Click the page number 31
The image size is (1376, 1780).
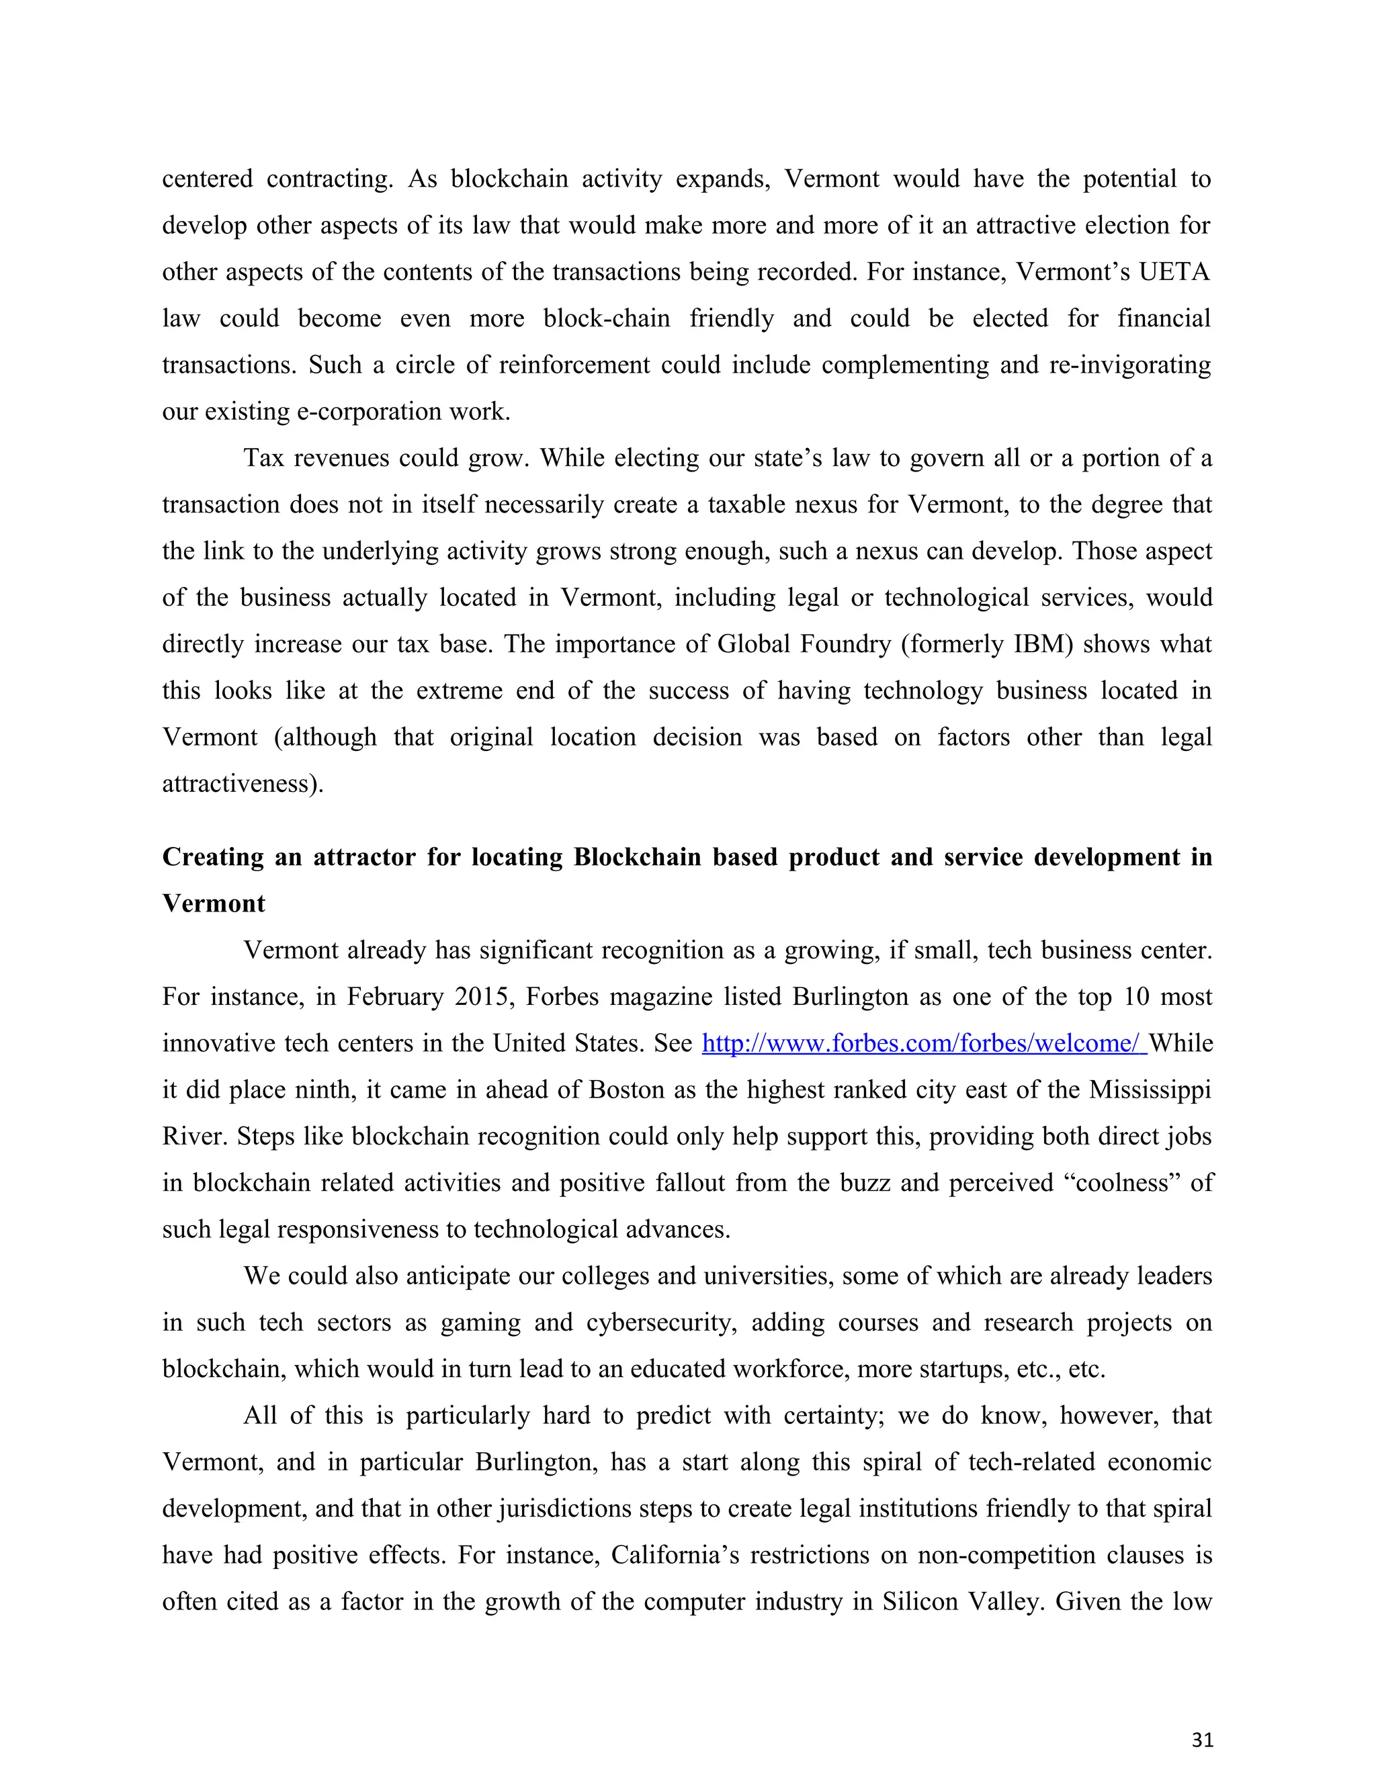click(x=1201, y=1740)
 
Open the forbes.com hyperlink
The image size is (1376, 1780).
click(x=924, y=1043)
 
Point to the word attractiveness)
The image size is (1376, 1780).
click(x=243, y=784)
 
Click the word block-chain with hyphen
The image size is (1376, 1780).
click(x=607, y=318)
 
